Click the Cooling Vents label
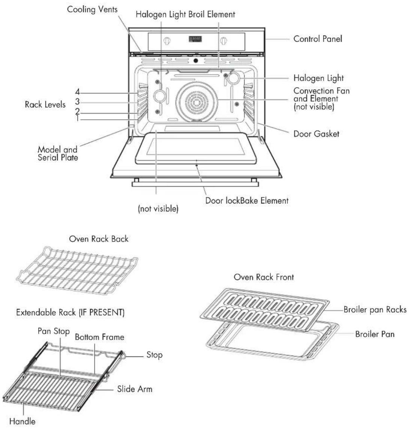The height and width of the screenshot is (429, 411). pos(92,9)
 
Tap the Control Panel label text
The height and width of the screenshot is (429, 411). pos(318,39)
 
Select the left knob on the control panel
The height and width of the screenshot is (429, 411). pos(167,41)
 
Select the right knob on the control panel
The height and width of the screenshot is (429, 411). pos(224,41)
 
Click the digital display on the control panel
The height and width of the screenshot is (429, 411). pos(196,39)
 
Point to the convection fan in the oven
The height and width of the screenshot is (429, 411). pos(196,102)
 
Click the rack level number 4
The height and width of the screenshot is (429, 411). pos(77,92)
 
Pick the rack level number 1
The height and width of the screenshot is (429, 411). pos(77,118)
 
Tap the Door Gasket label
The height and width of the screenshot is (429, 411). pos(316,134)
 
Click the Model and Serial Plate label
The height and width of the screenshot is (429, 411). pos(58,154)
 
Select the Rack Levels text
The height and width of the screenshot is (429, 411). pos(45,104)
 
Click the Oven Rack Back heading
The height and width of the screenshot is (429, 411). pos(98,239)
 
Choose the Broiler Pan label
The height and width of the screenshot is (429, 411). pos(375,334)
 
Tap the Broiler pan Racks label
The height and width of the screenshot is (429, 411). pos(375,309)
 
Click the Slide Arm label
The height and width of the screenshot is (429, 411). pos(135,389)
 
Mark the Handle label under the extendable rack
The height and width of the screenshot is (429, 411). pos(23,421)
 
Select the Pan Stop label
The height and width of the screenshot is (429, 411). pos(54,331)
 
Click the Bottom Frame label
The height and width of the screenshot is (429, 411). pos(99,337)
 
